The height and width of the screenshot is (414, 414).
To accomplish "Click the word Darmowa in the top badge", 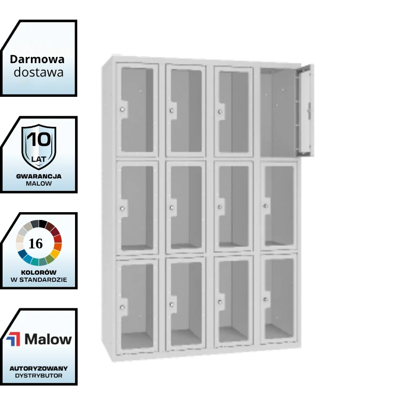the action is pyautogui.click(x=37, y=60).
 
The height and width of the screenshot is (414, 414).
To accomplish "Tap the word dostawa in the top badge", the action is pyautogui.click(x=38, y=72).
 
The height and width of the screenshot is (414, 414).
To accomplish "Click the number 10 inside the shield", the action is pyautogui.click(x=39, y=139).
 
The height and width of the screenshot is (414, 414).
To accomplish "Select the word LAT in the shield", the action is pyautogui.click(x=38, y=159).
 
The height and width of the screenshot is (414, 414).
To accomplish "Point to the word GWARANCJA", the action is pyautogui.click(x=39, y=176).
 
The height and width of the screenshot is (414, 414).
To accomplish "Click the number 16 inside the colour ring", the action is pyautogui.click(x=35, y=243).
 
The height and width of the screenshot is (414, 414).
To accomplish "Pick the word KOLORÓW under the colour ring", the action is pyautogui.click(x=39, y=272).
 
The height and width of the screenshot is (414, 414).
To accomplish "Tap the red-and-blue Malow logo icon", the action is pyautogui.click(x=13, y=339).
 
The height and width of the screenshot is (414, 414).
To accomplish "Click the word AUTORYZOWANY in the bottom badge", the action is pyautogui.click(x=39, y=368).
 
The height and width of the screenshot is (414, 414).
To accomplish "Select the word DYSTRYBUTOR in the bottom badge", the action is pyautogui.click(x=39, y=376).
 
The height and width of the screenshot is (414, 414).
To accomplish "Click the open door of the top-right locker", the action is pyautogui.click(x=306, y=110).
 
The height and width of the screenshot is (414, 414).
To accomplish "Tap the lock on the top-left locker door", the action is pyautogui.click(x=122, y=109).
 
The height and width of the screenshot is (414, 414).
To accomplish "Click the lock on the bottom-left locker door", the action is pyautogui.click(x=122, y=307).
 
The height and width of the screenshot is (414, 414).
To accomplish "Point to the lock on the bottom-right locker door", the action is pyautogui.click(x=265, y=300).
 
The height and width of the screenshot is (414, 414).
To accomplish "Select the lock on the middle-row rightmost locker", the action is pyautogui.click(x=265, y=205).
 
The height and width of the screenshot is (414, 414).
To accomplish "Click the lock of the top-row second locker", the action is pyautogui.click(x=172, y=110).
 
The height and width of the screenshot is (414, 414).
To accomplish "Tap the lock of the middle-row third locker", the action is pyautogui.click(x=219, y=207).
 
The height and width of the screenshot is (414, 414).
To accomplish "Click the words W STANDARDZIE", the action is pyautogui.click(x=39, y=279).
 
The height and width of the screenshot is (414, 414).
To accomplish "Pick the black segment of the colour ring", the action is pyautogui.click(x=43, y=224).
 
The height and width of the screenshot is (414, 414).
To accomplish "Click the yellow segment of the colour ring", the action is pyautogui.click(x=55, y=254).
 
